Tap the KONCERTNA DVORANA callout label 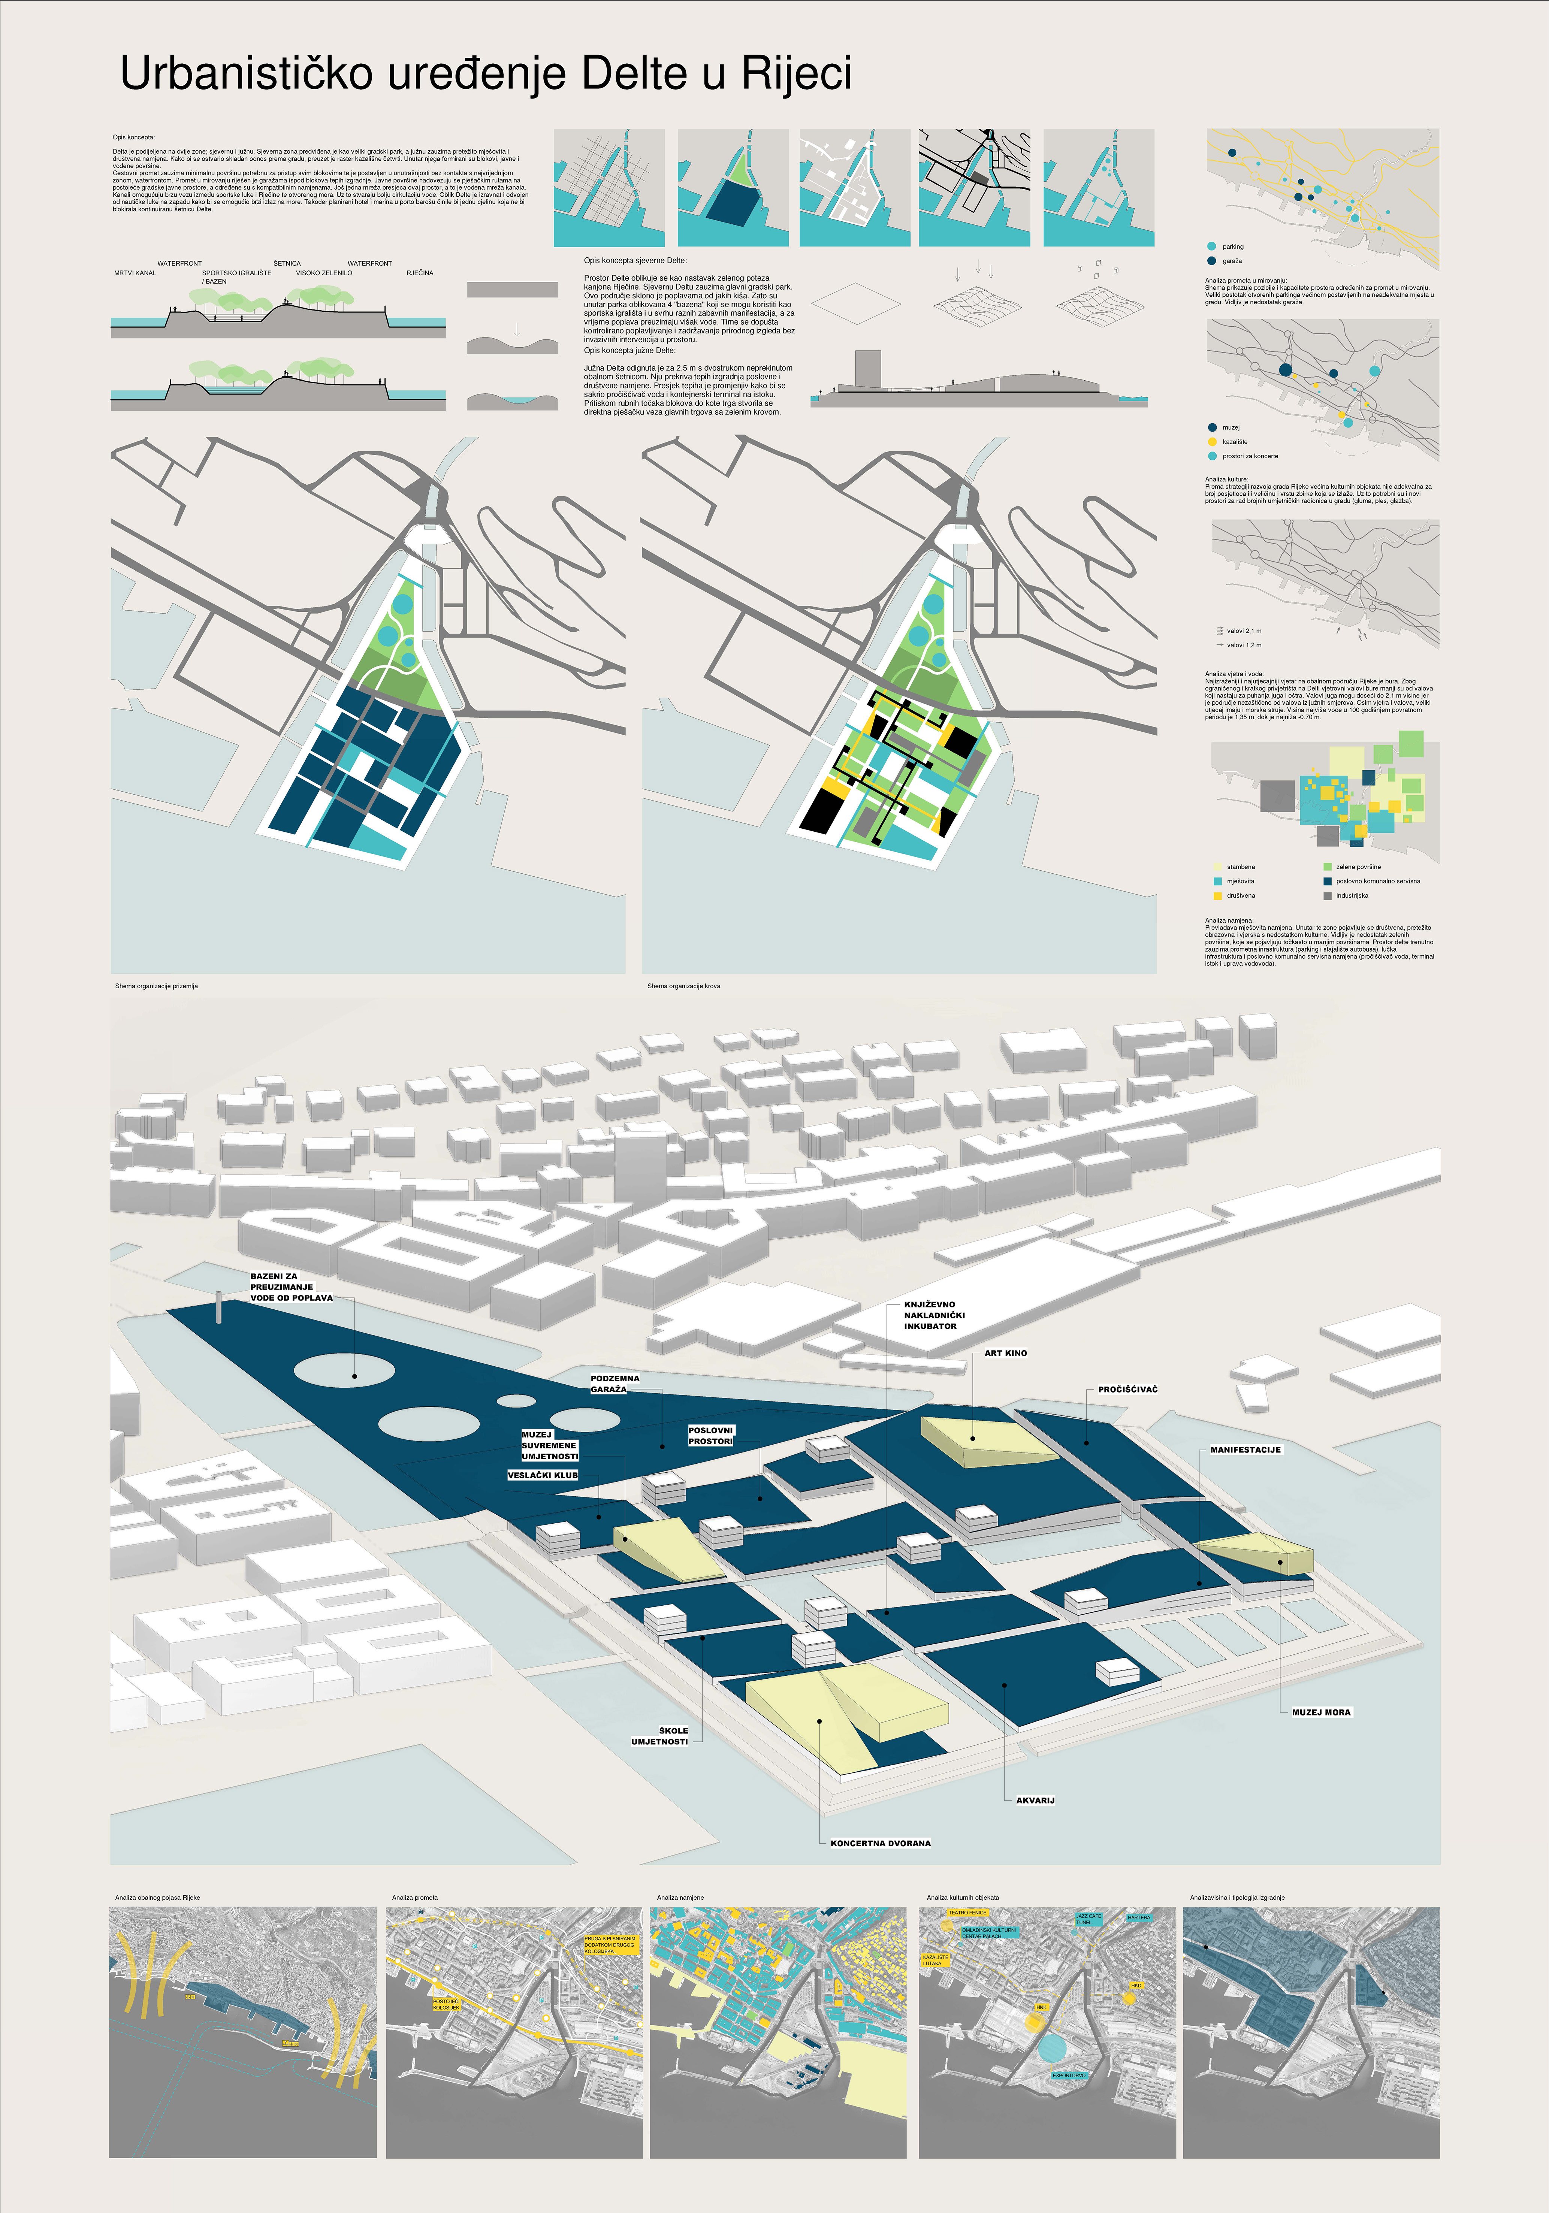[x=880, y=1843]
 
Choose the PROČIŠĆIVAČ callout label [x=1128, y=1389]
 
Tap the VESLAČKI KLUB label [x=543, y=1475]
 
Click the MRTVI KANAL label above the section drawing [x=135, y=273]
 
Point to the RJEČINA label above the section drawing [x=419, y=273]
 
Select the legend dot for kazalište [x=1212, y=441]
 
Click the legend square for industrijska [x=1327, y=895]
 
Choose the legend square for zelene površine [x=1327, y=867]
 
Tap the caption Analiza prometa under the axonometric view [x=414, y=1897]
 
